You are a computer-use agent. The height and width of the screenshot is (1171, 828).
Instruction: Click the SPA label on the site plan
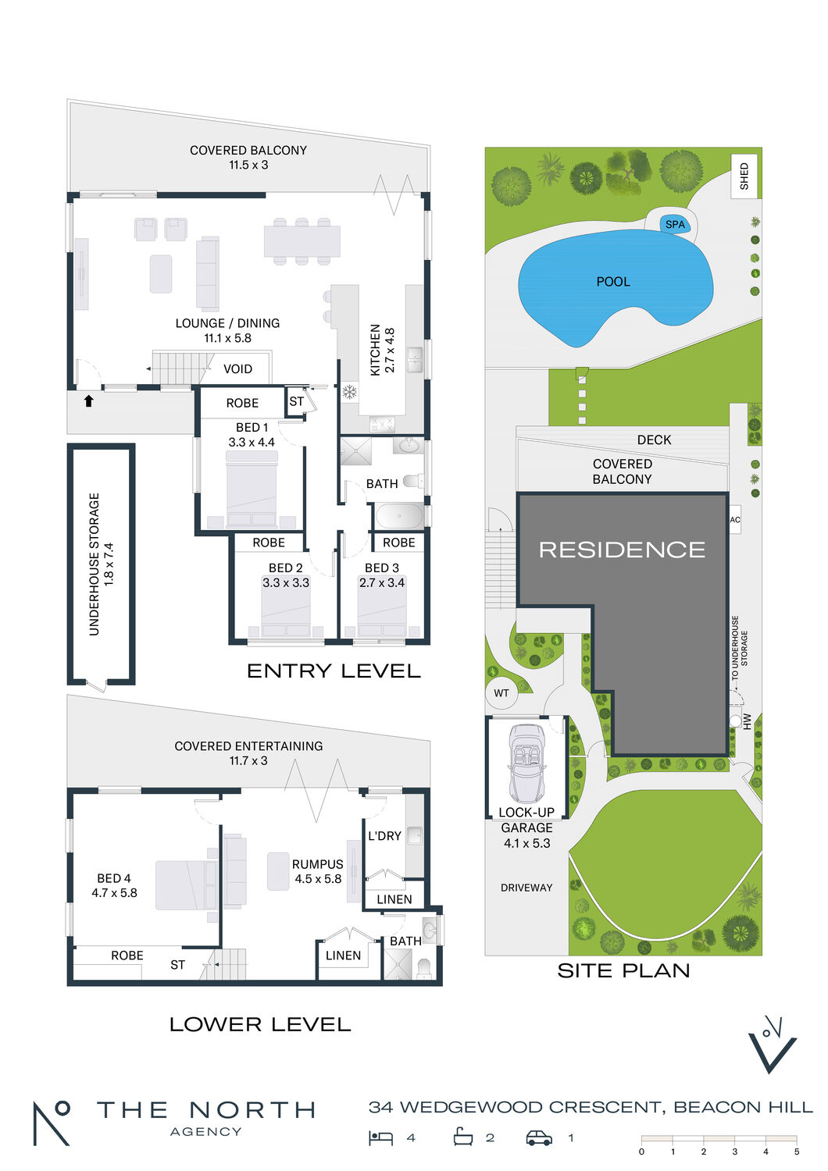[x=675, y=225]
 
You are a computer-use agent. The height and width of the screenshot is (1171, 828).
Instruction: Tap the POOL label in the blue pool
[x=613, y=282]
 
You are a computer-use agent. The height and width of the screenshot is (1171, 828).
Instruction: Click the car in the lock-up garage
[x=526, y=763]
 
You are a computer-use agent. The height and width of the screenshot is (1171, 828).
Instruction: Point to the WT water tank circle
[x=501, y=693]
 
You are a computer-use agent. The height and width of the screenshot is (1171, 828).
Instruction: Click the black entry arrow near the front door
[x=89, y=401]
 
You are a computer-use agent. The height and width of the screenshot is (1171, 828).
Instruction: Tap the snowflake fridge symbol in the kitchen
[x=349, y=392]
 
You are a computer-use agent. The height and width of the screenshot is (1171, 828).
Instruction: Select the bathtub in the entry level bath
[x=399, y=516]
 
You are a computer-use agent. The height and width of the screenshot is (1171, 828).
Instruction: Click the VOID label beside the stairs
[x=237, y=369]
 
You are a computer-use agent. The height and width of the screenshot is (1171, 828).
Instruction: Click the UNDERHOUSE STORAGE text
[x=95, y=564]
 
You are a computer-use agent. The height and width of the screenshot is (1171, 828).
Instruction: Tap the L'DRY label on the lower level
[x=384, y=836]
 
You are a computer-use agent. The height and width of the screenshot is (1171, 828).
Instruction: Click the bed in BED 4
[x=187, y=885]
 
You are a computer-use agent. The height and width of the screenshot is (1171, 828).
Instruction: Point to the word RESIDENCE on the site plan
[x=622, y=550]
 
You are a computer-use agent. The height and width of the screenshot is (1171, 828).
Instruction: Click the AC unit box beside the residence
[x=735, y=520]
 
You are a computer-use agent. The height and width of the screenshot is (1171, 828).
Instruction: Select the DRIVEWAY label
[x=526, y=888]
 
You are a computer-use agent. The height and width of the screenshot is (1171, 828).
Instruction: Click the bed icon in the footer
[x=380, y=1138]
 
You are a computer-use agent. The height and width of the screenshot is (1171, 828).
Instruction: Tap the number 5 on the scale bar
[x=797, y=1151]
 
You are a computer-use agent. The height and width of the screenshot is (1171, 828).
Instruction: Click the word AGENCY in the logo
[x=206, y=1132]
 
